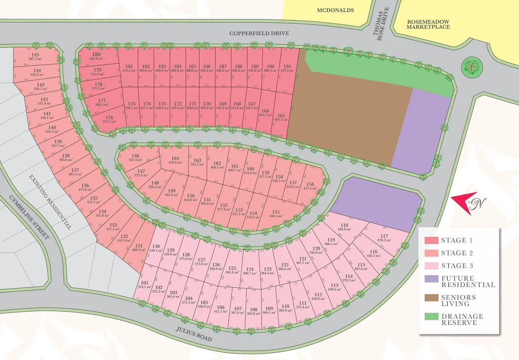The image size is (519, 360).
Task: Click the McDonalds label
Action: (x=335, y=10)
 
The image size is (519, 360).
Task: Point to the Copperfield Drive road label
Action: (x=259, y=33)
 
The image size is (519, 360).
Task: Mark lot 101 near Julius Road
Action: (x=144, y=285)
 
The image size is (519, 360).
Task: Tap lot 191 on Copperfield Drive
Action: (x=287, y=68)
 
